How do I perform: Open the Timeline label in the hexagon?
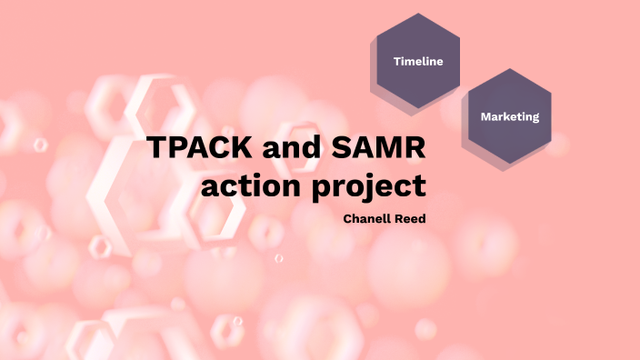coord(418,62)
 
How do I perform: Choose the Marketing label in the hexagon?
coord(510,116)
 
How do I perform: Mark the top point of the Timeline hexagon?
coord(418,14)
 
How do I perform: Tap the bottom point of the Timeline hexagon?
coord(418,109)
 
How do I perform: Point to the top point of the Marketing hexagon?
coord(510,68)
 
